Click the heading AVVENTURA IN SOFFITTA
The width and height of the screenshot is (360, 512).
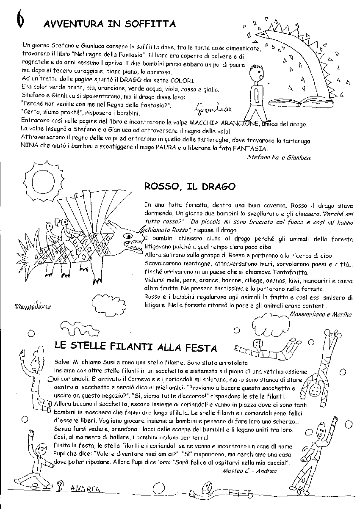(109, 24)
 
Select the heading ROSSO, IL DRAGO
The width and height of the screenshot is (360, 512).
(190, 186)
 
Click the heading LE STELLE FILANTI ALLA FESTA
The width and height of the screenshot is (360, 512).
(136, 347)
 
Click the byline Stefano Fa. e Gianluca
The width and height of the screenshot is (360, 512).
(278, 157)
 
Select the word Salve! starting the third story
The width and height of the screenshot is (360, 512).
(64, 363)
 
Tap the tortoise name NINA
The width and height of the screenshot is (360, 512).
(29, 149)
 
